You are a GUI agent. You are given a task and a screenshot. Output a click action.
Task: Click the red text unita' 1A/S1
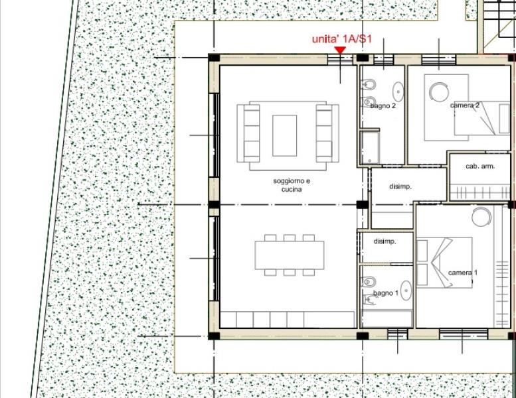point(341,38)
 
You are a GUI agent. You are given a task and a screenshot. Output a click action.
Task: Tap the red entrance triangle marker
point(340,50)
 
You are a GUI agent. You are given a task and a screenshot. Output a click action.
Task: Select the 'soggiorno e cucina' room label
point(292,185)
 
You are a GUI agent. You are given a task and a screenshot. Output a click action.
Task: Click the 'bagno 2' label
point(383,106)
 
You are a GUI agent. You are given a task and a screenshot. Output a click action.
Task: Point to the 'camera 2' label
point(465,105)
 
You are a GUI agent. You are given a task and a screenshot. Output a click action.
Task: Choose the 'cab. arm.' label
point(480,166)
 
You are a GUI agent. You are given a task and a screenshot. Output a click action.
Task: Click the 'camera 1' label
point(463,273)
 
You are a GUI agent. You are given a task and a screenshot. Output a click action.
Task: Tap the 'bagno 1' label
point(386,293)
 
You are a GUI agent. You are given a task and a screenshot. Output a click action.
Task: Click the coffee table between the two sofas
point(284,135)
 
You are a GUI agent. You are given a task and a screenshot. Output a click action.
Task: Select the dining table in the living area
point(290,255)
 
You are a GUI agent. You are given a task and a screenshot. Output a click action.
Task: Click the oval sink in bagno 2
point(398,92)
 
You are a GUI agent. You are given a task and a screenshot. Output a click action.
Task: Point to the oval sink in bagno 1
point(406,291)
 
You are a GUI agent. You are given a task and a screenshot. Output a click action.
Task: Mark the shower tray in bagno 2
point(370,147)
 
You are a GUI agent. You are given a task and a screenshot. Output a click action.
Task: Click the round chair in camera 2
point(439,92)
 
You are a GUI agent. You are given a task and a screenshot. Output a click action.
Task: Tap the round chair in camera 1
point(481,217)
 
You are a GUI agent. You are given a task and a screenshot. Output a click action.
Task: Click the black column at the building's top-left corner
point(214,58)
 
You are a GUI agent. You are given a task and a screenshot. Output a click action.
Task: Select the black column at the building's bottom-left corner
point(214,336)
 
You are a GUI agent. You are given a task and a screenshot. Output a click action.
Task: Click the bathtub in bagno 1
point(387,318)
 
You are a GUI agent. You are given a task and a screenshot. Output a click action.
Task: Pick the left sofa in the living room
point(248,133)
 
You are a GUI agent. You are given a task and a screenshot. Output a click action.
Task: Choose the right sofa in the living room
point(327,133)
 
